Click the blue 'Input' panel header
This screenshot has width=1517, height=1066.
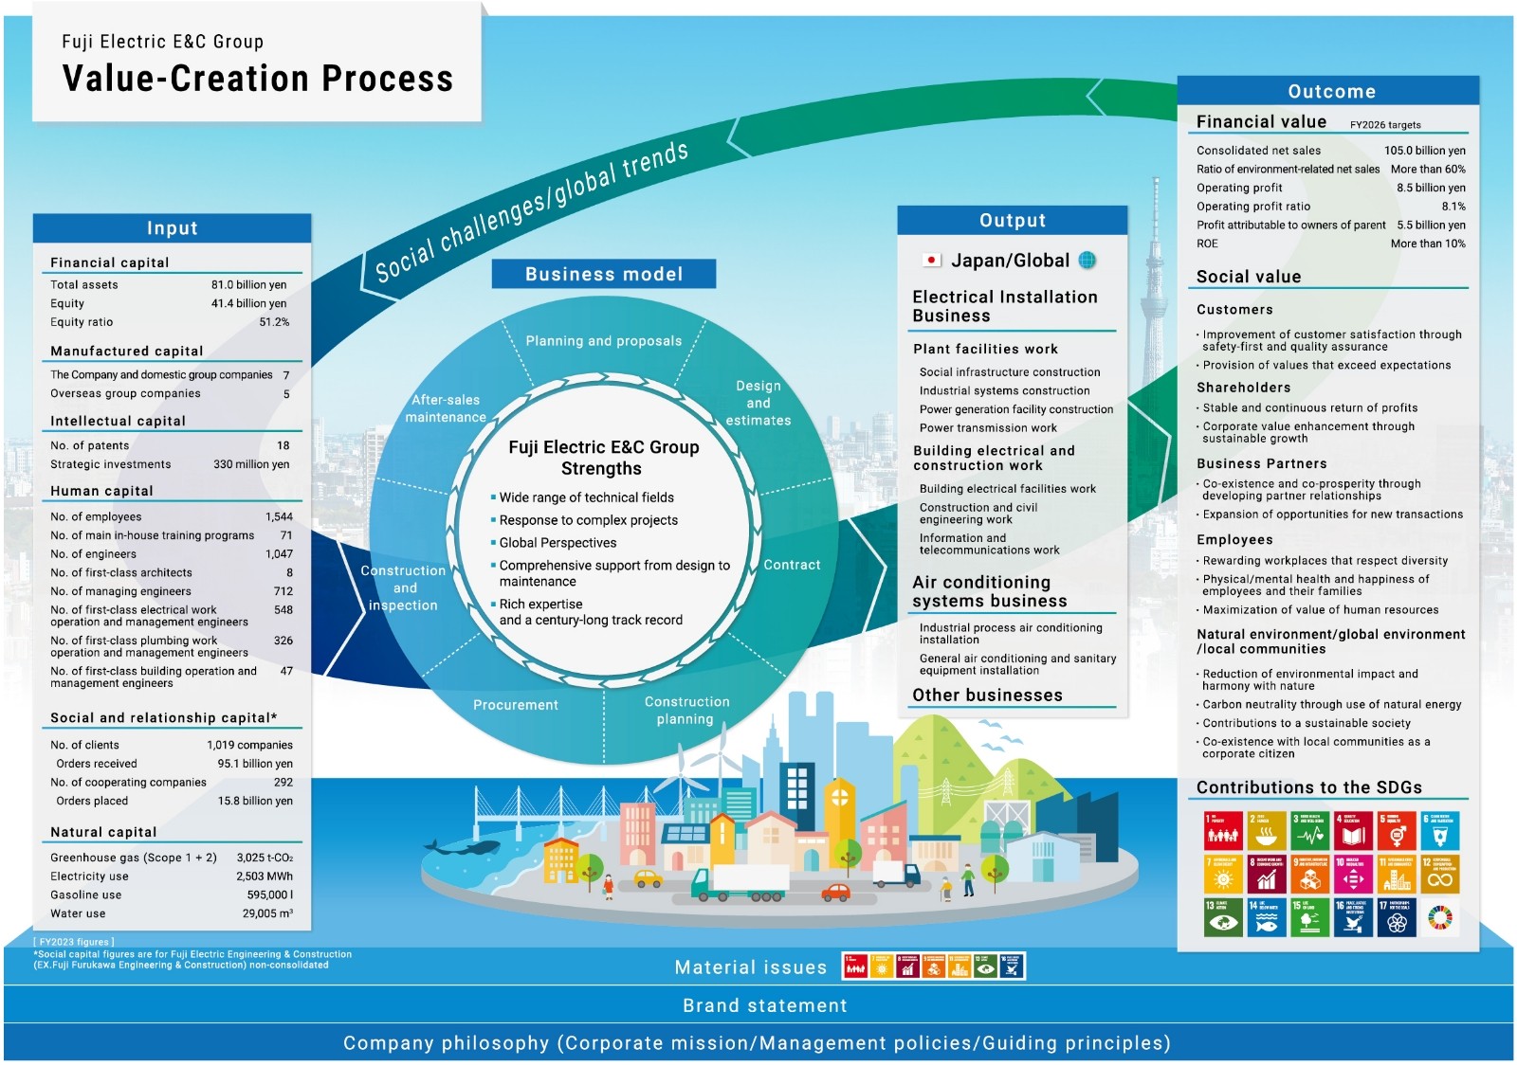coord(172,228)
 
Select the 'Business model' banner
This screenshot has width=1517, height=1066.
coord(603,274)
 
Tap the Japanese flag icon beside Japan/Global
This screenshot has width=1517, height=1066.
coord(931,261)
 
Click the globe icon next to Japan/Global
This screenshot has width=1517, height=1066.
coord(1087,261)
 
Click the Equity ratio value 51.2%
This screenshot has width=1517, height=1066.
coord(274,322)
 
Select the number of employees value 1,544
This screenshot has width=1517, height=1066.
coord(279,516)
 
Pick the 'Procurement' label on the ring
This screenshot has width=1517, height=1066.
coord(516,705)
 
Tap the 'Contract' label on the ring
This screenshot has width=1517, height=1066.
coord(792,565)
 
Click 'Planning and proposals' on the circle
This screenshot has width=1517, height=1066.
coord(603,341)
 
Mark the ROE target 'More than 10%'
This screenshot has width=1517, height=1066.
coord(1427,244)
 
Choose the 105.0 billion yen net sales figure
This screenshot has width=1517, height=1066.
coord(1424,151)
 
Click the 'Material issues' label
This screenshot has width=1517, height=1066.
coord(751,967)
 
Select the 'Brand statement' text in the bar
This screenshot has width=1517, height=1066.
coord(765,1005)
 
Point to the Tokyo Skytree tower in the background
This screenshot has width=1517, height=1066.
coord(1155,246)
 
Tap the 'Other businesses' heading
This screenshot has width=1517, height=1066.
coord(987,696)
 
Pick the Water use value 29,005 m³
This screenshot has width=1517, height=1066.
coord(267,913)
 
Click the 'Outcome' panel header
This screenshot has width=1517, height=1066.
coord(1331,92)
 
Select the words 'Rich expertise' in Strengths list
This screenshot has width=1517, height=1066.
coord(541,605)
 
